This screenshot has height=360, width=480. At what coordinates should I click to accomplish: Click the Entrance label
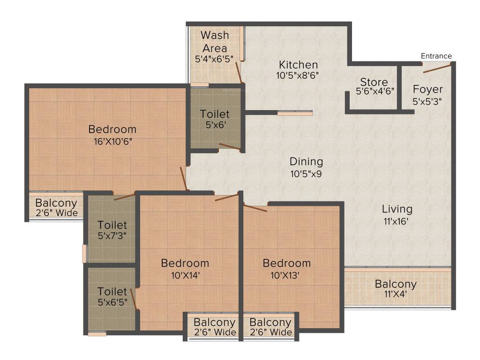tap(436, 56)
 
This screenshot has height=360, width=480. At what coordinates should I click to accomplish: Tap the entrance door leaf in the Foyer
tap(437, 68)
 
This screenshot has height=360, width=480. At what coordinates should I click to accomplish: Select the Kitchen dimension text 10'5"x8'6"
tap(298, 75)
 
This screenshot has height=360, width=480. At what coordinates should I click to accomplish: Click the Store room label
tap(374, 82)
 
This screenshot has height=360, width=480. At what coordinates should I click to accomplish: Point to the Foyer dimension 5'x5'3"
tap(427, 101)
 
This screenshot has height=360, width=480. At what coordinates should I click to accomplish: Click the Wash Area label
tap(215, 42)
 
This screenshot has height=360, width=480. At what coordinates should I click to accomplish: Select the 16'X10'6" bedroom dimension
tap(113, 142)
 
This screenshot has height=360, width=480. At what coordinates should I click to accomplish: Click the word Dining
tap(306, 162)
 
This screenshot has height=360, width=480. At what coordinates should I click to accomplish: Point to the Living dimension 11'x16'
tap(396, 221)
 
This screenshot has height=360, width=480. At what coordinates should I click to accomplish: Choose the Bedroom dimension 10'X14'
tap(186, 275)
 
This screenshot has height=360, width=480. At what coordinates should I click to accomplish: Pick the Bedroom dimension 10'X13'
tap(285, 275)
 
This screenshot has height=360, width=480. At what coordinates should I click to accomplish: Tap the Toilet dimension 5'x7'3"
tap(112, 236)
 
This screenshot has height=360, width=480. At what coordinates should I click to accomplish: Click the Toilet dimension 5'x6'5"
tap(112, 302)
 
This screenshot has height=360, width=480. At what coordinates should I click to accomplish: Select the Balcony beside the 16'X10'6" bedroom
tap(56, 208)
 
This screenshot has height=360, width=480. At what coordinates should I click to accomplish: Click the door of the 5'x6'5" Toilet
tap(134, 299)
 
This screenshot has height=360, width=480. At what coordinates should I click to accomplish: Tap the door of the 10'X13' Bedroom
tap(255, 208)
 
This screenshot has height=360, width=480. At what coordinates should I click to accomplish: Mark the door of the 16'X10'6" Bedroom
tap(184, 178)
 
